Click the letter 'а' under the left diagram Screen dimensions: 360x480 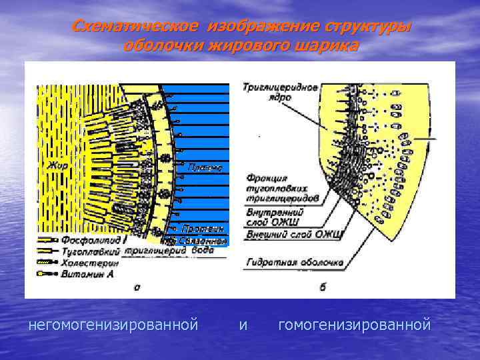pyautogui.click(x=136, y=287)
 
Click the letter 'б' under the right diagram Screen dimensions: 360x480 pyautogui.click(x=323, y=287)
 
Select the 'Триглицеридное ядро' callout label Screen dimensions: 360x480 pyautogui.click(x=270, y=92)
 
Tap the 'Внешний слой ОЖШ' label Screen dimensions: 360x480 pyautogui.click(x=294, y=234)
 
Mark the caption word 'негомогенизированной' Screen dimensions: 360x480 pyautogui.click(x=113, y=325)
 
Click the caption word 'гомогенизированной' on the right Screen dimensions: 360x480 pyautogui.click(x=355, y=325)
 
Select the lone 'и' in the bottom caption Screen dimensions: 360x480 pyautogui.click(x=243, y=325)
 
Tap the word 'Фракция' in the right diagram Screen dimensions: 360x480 pyautogui.click(x=267, y=178)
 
